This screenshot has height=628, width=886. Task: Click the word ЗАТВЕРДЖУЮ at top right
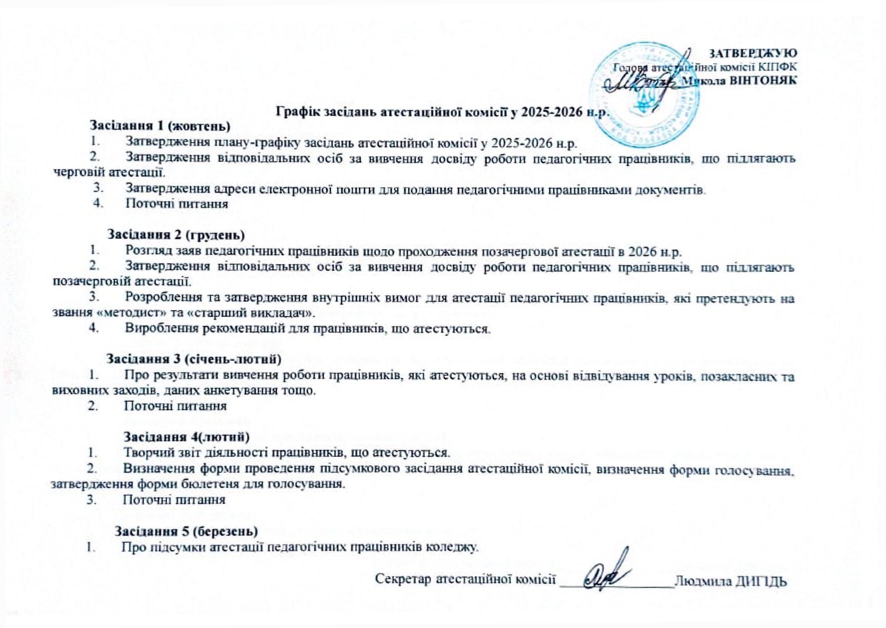pyautogui.click(x=753, y=53)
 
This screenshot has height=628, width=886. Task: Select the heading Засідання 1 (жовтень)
pyautogui.click(x=160, y=125)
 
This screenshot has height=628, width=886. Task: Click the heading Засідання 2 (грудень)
pyautogui.click(x=176, y=234)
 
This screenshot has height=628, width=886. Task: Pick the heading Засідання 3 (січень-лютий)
pyautogui.click(x=194, y=358)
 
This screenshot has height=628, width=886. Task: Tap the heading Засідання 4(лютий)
pyautogui.click(x=186, y=436)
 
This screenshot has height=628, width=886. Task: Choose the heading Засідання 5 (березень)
pyautogui.click(x=186, y=530)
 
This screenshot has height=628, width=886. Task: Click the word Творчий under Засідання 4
pyautogui.click(x=144, y=452)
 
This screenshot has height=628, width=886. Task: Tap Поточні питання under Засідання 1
pyautogui.click(x=177, y=203)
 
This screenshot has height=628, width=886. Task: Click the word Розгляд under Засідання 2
pyautogui.click(x=145, y=251)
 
